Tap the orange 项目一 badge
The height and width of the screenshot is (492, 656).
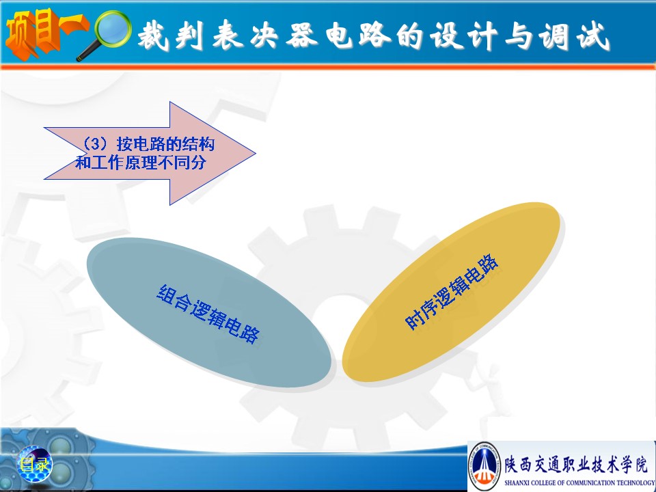[45, 33]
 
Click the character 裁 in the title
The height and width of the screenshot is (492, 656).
[153, 35]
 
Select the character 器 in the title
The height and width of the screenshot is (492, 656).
[302, 35]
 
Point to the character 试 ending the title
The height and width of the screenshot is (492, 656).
[593, 36]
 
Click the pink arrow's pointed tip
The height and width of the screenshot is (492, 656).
[255, 153]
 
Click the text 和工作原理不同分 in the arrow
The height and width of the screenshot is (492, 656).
[141, 163]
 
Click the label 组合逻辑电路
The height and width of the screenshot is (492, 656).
[208, 314]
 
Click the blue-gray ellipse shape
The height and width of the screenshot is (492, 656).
[209, 312]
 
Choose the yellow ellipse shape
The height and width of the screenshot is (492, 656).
[451, 292]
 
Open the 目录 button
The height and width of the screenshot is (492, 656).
[35, 464]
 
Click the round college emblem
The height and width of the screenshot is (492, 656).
[484, 466]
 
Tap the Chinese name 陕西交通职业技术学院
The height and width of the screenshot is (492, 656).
[576, 464]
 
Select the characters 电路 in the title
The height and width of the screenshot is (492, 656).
[358, 35]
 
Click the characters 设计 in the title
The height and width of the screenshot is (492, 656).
[463, 36]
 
